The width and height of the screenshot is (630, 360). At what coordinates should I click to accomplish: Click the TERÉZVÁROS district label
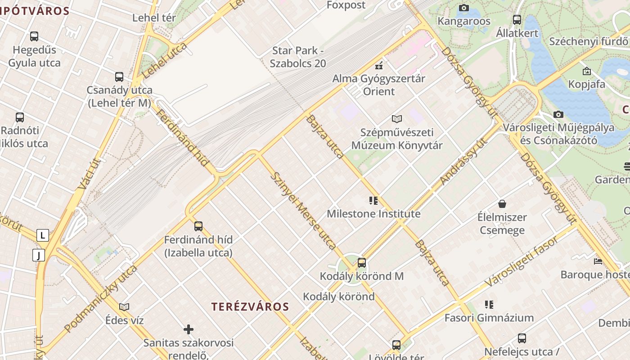click(x=250, y=307)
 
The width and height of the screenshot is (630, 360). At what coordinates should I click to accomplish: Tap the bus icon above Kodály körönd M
click(x=362, y=263)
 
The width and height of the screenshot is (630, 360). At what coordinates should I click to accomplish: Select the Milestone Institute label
click(x=373, y=213)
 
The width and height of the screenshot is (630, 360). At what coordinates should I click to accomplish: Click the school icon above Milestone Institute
click(x=373, y=201)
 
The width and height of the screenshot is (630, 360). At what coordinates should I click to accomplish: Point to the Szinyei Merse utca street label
click(x=303, y=210)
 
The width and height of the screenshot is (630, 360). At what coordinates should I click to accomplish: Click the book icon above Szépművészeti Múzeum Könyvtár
click(x=396, y=119)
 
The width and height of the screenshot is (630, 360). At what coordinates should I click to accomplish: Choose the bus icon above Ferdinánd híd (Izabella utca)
click(x=198, y=226)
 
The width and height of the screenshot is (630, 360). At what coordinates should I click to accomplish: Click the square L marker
click(x=43, y=235)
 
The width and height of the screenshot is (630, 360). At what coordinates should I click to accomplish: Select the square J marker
click(x=39, y=256)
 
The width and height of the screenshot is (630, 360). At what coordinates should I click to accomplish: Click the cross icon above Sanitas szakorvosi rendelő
click(x=189, y=330)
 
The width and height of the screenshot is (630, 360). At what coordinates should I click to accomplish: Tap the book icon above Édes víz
click(x=124, y=307)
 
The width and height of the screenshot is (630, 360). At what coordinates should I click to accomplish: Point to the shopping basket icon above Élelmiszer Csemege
click(x=502, y=204)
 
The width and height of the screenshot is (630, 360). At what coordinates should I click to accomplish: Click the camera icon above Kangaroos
click(x=464, y=8)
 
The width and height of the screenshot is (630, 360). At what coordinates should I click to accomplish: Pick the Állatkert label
click(x=517, y=33)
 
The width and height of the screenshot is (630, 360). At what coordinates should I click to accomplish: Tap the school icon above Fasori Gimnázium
click(x=489, y=305)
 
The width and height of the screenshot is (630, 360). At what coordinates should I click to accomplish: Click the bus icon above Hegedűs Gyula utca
click(x=34, y=36)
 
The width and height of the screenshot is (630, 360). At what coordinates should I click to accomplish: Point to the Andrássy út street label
click(x=463, y=161)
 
